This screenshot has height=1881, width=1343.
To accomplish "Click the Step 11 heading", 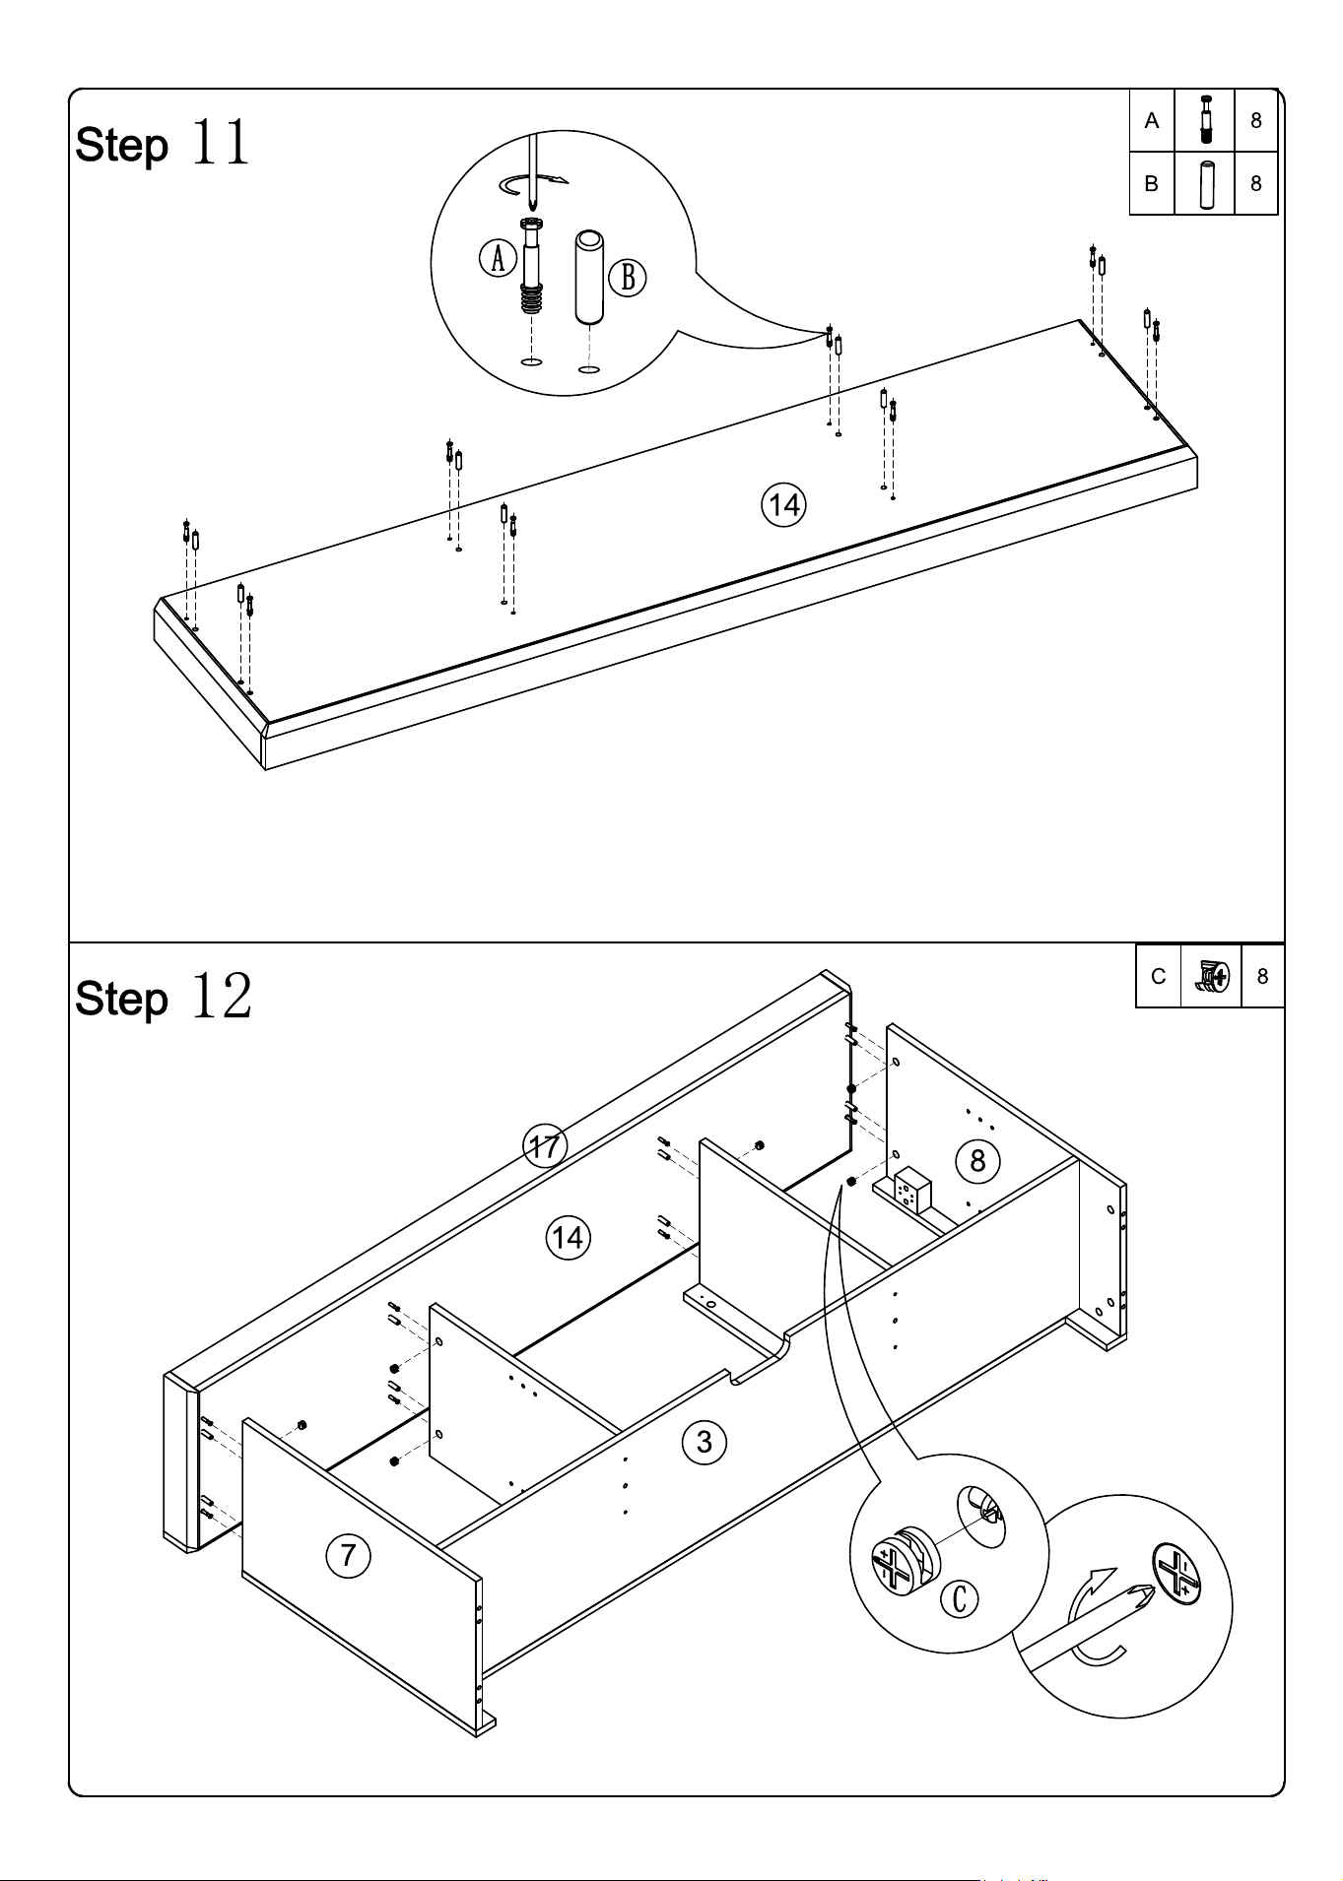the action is pos(163,144).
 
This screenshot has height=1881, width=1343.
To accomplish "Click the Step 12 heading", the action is pos(164,997).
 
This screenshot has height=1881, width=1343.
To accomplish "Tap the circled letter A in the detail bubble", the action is pos(498,259).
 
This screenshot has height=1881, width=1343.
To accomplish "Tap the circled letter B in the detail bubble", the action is pos(628,279).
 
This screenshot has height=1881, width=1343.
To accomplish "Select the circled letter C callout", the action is pos(960,1598).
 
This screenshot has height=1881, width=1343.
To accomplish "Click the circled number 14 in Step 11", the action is pos(783,505).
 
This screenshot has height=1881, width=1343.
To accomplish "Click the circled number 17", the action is pos(544,1146).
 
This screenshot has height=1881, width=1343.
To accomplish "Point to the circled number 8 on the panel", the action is pos(977,1161).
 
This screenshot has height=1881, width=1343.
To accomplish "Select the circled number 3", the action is pos(704,1443).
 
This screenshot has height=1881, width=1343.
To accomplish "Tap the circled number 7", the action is pos(348,1556).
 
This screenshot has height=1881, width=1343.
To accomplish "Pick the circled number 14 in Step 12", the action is pos(568,1237).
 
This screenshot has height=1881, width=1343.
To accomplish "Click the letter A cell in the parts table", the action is pos(1152,121).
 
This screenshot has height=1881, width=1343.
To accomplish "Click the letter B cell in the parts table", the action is pos(1152,183).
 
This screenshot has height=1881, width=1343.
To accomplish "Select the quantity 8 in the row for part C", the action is pos(1262,976).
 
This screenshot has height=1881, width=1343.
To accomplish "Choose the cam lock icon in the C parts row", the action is pos(1211,975).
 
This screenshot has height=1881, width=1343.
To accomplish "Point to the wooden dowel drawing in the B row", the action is pos(1206,183).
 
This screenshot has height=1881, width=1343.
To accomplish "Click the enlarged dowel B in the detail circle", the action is pos(589,277).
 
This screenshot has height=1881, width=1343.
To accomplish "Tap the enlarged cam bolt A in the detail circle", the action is pos(531,267).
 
